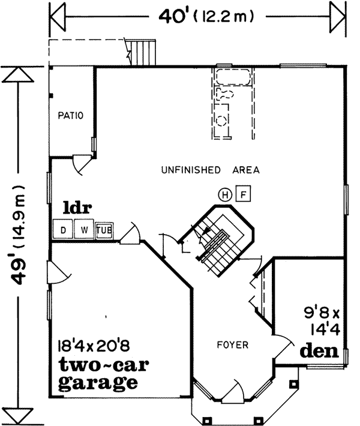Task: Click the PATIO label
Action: [71, 115]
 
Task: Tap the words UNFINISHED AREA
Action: [210, 170]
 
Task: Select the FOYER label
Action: [232, 345]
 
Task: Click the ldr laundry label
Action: [78, 209]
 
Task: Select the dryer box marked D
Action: [62, 229]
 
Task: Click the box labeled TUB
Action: [104, 229]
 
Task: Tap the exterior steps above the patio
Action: [143, 51]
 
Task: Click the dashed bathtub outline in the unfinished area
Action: [233, 77]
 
